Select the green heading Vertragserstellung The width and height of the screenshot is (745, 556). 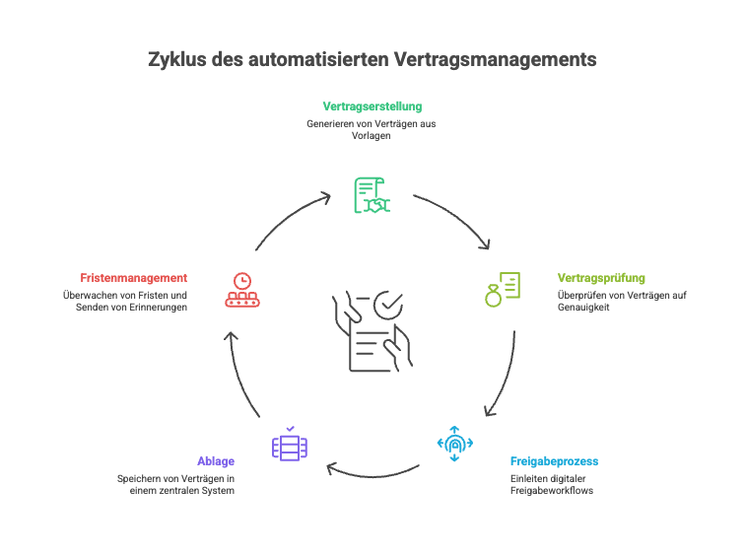coord(372,105)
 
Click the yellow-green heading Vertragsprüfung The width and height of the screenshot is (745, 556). coord(601,278)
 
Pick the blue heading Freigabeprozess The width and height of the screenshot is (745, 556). coord(554,461)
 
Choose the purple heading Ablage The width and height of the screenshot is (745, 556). coord(216,461)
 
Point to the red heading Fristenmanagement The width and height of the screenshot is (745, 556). coord(134,278)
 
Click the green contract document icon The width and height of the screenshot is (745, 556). coord(372,194)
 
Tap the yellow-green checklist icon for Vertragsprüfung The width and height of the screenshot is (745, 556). coord(502,289)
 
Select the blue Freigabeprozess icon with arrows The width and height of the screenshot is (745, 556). coord(454,445)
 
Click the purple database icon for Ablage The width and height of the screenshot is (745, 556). coord(290,446)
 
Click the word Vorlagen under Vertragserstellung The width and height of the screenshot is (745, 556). coord(372,135)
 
